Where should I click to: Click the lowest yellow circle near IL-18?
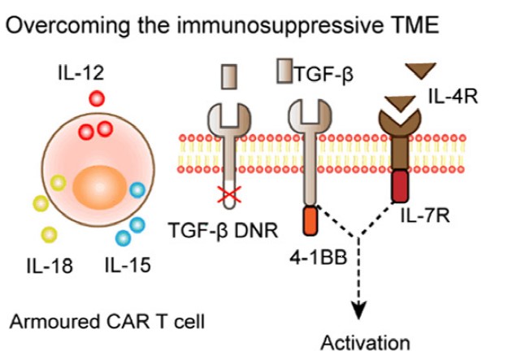pos(50,235)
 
